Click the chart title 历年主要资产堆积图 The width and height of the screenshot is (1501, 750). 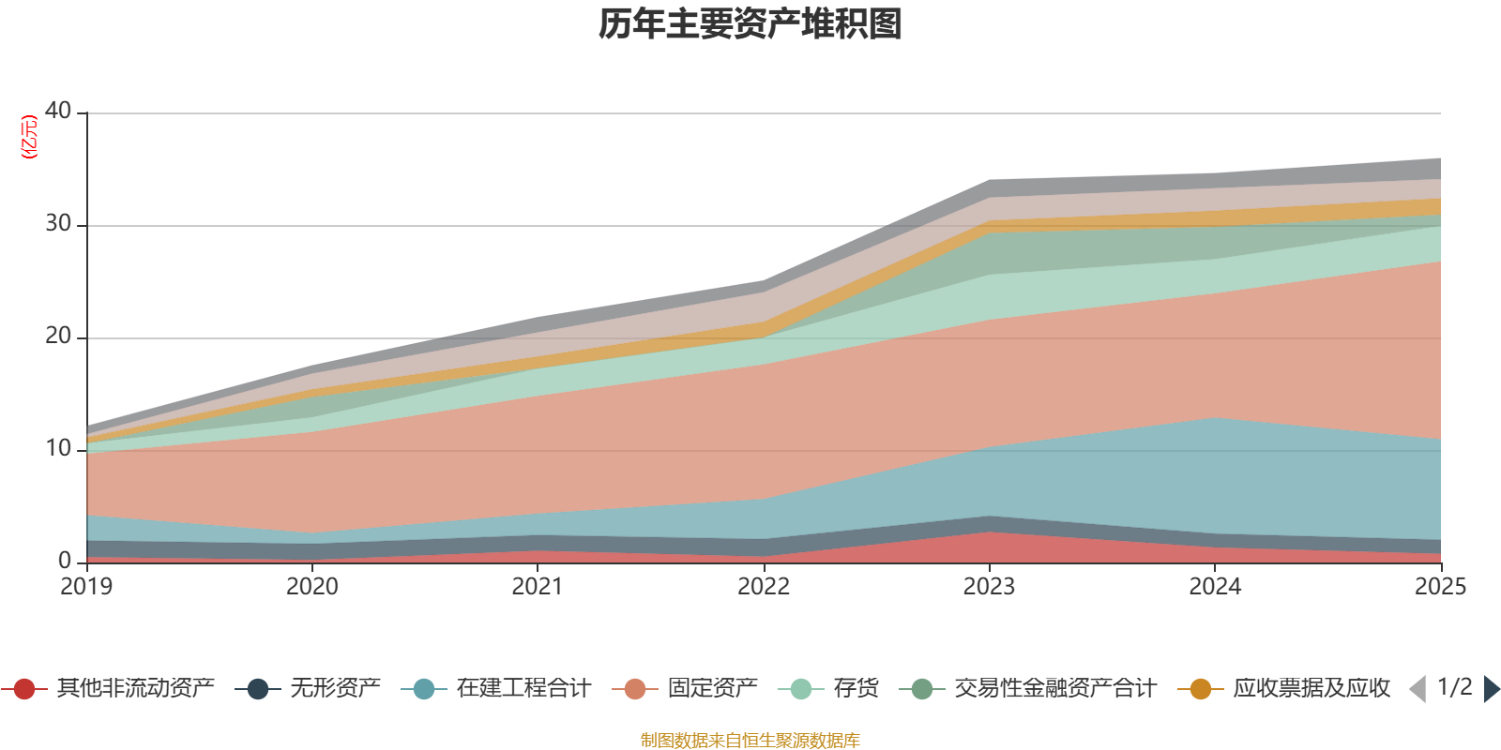pos(750,24)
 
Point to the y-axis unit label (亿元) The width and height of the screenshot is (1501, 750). pos(29,137)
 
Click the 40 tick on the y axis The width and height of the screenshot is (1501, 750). pos(58,111)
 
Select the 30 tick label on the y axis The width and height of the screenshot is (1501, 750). pos(58,223)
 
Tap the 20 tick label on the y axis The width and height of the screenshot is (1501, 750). pos(58,336)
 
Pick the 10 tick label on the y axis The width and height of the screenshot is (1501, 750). pos(58,448)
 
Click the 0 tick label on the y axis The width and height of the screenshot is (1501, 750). pos(65,561)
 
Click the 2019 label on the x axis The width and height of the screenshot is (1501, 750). pos(86,587)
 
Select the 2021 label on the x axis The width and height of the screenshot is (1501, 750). pos(538,587)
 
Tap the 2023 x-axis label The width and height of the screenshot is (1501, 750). pos(989,587)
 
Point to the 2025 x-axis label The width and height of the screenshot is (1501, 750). pos(1440,587)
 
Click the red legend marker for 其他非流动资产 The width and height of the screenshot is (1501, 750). pos(24,689)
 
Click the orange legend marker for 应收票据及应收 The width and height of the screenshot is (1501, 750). pos(1201,689)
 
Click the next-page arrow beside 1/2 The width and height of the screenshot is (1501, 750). pos(1491,689)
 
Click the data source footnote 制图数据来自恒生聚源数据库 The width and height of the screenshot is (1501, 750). pos(750,741)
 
